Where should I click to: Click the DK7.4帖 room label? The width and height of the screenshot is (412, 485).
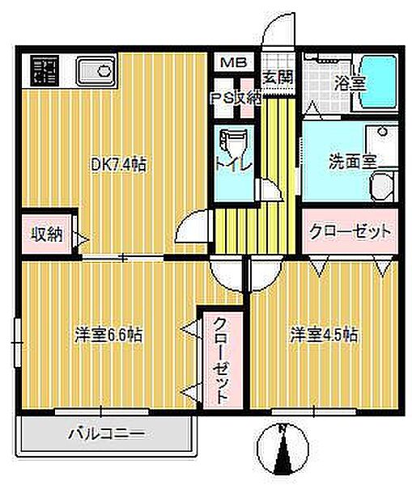coord(117,165)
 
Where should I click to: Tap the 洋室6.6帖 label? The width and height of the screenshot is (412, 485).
coord(110,335)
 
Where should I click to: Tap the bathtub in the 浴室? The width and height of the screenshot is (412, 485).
coord(377,78)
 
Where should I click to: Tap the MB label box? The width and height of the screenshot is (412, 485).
coord(235,61)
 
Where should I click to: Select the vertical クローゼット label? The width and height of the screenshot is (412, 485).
coord(220,361)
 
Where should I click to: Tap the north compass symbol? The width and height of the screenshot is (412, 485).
coord(282,449)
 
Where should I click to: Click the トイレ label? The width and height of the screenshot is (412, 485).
coord(236,163)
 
